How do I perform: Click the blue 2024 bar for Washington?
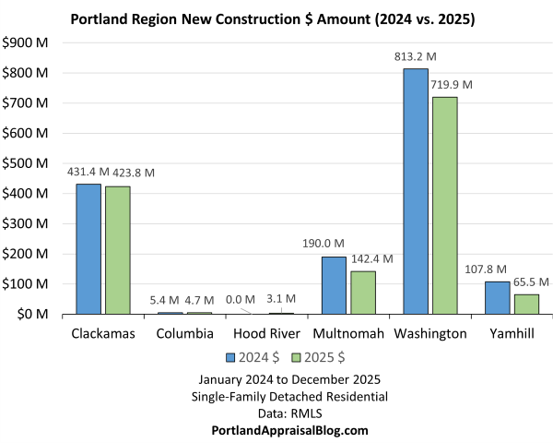416,191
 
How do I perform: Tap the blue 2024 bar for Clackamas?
88,249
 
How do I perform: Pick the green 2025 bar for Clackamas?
118,250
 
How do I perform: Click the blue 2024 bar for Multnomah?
334,285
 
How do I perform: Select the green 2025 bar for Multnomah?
363,293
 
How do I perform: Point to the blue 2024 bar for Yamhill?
497,297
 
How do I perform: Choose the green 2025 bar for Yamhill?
526,304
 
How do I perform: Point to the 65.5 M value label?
530,281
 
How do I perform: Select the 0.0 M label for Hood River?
241,299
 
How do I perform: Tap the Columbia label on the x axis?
184,332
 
